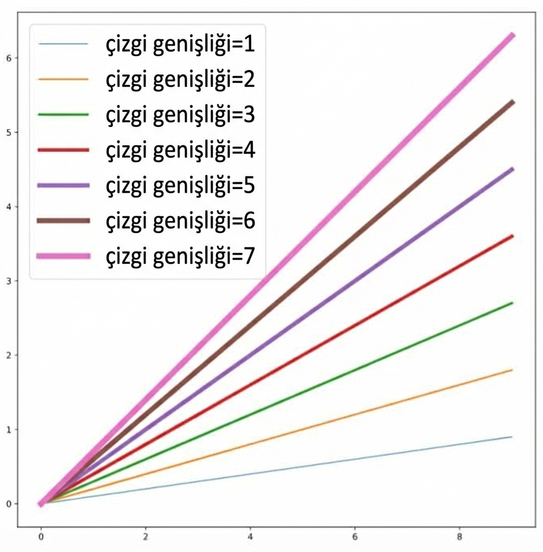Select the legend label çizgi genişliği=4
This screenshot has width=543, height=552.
coord(180,150)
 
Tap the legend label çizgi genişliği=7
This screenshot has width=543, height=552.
coord(180,256)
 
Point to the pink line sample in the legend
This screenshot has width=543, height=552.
coord(63,256)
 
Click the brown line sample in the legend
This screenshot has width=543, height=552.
coord(63,221)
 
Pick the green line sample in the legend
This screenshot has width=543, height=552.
coord(63,114)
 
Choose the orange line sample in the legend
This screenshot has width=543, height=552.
coord(63,79)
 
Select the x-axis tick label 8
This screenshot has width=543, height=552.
coord(459,537)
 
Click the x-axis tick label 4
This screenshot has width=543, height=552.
coord(250,537)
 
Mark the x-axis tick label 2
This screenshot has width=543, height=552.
coord(145,537)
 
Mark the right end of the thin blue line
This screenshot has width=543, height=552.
coord(512,437)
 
